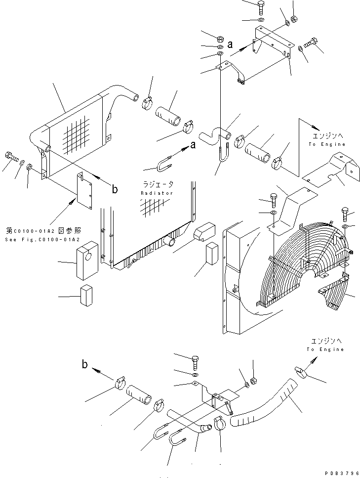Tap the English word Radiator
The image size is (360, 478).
coord(157,193)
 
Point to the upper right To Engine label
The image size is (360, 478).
coord(326,144)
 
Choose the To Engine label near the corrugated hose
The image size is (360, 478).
coord(324,349)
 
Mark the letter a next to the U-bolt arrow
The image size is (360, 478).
coord(193,145)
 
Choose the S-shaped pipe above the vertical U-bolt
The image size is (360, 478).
coord(212,134)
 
